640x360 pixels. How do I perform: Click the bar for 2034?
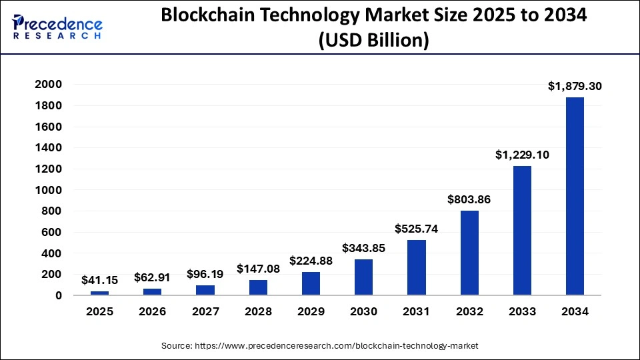pyautogui.click(x=575, y=196)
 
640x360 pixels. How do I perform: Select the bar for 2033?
pyautogui.click(x=522, y=231)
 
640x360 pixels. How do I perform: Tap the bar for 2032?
pyautogui.click(x=469, y=253)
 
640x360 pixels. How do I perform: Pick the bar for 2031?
pyautogui.click(x=417, y=267)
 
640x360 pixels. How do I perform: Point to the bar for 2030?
pyautogui.click(x=364, y=277)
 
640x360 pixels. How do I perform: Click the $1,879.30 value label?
pyautogui.click(x=575, y=86)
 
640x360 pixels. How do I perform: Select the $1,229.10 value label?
pyautogui.click(x=522, y=155)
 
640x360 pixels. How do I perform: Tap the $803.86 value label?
pyautogui.click(x=469, y=199)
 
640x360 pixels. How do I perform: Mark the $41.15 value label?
pyautogui.click(x=99, y=281)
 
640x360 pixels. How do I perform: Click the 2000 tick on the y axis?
pyautogui.click(x=49, y=85)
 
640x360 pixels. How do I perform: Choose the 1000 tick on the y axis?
pyautogui.click(x=49, y=190)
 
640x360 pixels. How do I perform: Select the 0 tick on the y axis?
pyautogui.click(x=59, y=295)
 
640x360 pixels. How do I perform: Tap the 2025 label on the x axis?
pyautogui.click(x=99, y=312)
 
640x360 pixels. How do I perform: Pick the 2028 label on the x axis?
pyautogui.click(x=258, y=312)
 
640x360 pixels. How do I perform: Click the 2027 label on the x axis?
pyautogui.click(x=205, y=312)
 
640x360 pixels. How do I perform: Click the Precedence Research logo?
pyautogui.click(x=57, y=27)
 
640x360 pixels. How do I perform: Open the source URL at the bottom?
pyautogui.click(x=320, y=345)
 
